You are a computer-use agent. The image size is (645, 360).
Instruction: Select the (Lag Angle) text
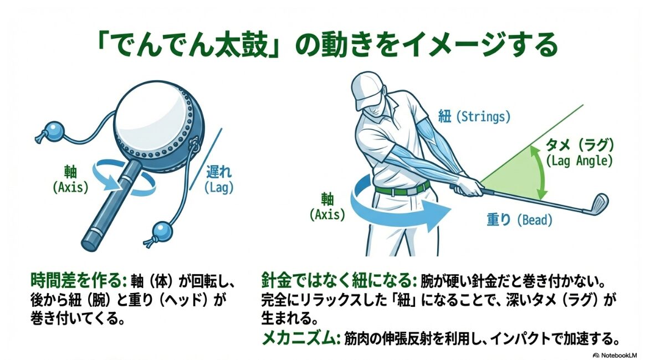579,162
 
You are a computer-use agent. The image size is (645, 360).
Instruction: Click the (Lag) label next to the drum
219,187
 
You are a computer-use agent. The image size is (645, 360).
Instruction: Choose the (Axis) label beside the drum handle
70,187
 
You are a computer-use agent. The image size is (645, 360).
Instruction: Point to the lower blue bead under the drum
160,230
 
